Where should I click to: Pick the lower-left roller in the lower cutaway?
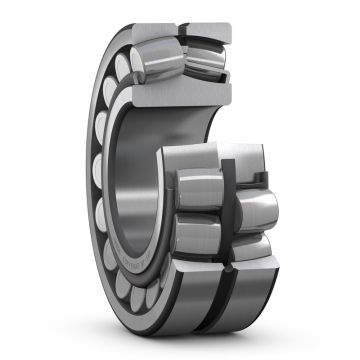[x=199, y=236]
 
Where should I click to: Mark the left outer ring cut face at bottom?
[x=205, y=300]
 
